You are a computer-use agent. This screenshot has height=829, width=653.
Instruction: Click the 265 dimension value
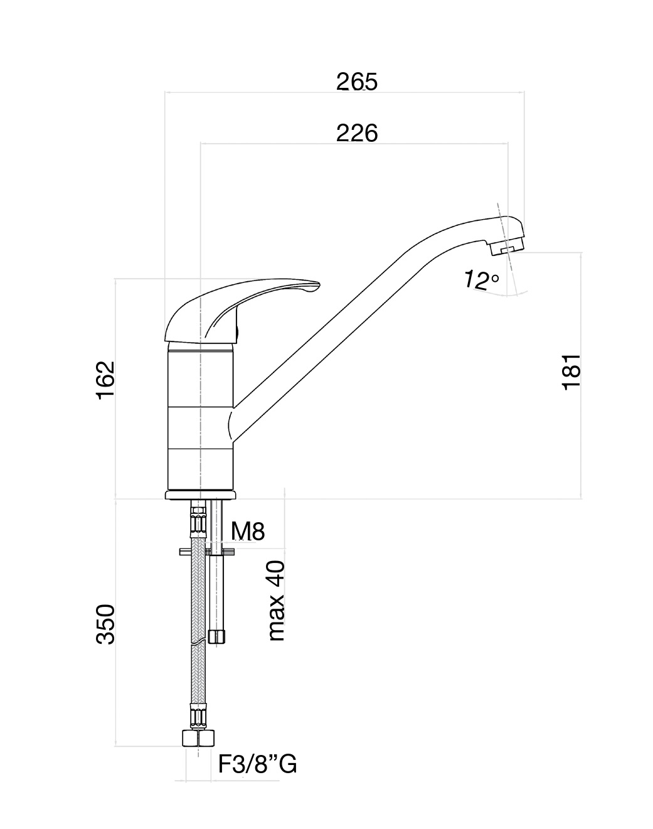pyautogui.click(x=357, y=82)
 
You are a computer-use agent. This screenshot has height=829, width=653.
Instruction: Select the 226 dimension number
pyautogui.click(x=357, y=133)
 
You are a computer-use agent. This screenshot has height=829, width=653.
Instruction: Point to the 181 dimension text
pyautogui.click(x=571, y=372)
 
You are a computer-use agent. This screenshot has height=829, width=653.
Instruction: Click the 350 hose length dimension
pyautogui.click(x=105, y=624)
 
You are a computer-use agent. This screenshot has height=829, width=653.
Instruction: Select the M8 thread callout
pyautogui.click(x=248, y=531)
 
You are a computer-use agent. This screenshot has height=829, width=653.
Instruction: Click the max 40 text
pyautogui.click(x=276, y=601)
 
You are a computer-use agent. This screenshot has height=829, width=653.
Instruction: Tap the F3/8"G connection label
pyautogui.click(x=257, y=764)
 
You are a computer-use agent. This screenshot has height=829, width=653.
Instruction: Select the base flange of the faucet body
pyautogui.click(x=201, y=496)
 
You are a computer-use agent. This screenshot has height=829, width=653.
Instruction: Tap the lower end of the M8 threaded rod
pyautogui.click(x=216, y=636)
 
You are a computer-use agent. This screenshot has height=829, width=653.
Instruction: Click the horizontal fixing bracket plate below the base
pyautogui.click(x=207, y=552)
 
